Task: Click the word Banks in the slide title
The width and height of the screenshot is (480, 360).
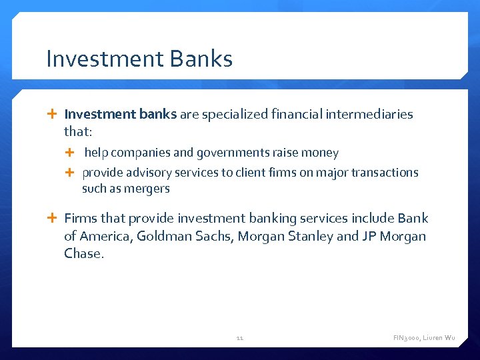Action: click(201, 59)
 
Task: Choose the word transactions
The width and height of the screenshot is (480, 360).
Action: click(385, 173)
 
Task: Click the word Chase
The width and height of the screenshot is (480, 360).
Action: click(84, 254)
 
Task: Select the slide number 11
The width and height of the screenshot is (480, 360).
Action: click(240, 338)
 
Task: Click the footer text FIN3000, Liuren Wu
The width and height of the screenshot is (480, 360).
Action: click(424, 338)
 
